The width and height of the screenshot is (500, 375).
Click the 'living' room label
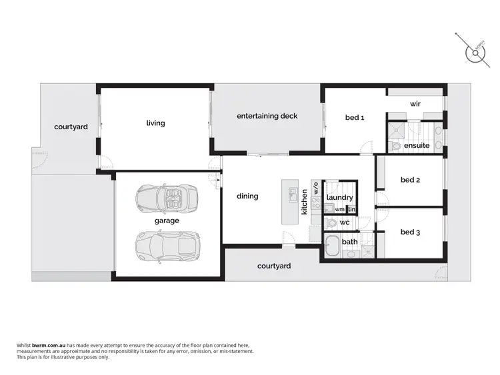[x=155, y=123]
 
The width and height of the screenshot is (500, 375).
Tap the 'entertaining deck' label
[x=267, y=116]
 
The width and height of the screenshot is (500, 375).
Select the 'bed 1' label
[x=354, y=118]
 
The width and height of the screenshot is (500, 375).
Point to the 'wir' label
[x=415, y=104]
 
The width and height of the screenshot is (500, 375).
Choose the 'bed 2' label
[x=410, y=180]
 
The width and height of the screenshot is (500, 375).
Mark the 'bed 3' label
[x=410, y=232]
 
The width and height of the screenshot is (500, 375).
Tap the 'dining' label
[x=247, y=196]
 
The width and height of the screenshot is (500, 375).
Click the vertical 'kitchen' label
[x=305, y=201]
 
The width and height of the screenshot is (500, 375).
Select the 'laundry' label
[x=340, y=198]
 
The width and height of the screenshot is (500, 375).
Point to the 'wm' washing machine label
[x=339, y=210]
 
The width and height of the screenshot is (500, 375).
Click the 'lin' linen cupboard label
[x=351, y=210]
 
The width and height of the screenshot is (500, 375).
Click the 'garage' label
[x=167, y=220]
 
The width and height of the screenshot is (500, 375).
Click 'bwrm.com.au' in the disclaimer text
[x=43, y=346]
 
